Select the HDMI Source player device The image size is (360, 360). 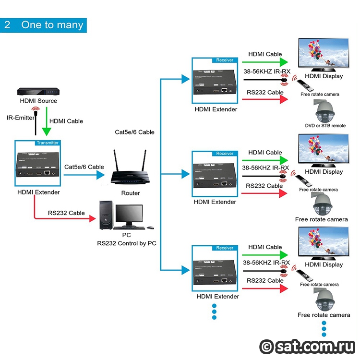pyautogui.click(x=38, y=92)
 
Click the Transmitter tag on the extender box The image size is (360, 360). pyautogui.click(x=47, y=143)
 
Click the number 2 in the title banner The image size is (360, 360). pyautogui.click(x=8, y=25)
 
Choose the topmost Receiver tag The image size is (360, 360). pyautogui.click(x=225, y=60)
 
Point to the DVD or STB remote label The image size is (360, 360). pyautogui.click(x=325, y=126)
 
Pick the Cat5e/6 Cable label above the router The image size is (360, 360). pyautogui.click(x=135, y=132)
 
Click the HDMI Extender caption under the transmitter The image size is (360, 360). pyautogui.click(x=38, y=192)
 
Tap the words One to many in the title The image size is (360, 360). pyautogui.click(x=52, y=25)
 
